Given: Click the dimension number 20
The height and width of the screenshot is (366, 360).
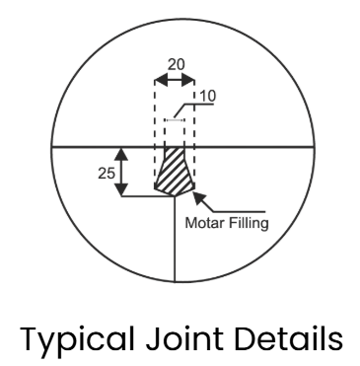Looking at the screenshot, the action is (175, 62).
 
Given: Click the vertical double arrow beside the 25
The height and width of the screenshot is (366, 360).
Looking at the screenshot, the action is (120, 172).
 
